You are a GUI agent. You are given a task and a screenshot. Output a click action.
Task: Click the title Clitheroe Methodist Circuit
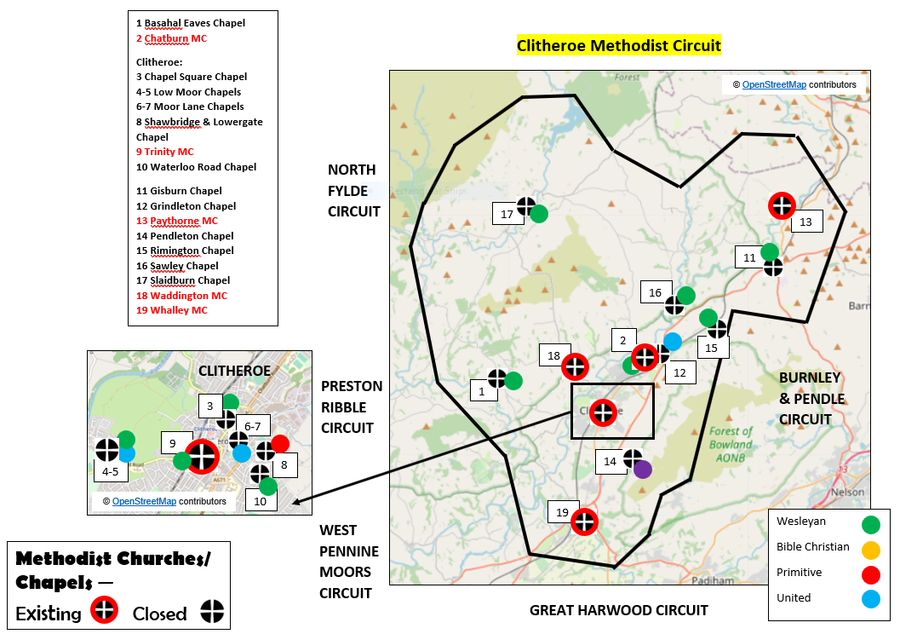619,46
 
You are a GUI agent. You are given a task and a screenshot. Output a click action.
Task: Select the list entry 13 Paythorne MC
177,221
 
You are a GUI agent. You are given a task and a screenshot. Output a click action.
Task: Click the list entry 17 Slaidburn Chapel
183,280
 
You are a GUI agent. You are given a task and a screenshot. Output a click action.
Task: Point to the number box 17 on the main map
507,215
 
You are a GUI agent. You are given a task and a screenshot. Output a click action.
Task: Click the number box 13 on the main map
805,222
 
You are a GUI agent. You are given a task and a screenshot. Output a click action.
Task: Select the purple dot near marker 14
643,469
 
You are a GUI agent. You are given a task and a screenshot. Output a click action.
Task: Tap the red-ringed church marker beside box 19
584,521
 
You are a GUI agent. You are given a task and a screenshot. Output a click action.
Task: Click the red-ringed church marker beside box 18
576,366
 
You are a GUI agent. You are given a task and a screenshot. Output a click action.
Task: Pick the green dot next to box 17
538,213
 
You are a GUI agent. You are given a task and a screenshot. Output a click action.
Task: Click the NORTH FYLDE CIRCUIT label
353,190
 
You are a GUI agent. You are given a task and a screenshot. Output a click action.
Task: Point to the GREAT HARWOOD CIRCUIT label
618,610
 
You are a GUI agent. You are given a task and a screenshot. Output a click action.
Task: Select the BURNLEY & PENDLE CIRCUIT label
810,398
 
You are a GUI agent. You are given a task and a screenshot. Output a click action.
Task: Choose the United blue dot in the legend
870,599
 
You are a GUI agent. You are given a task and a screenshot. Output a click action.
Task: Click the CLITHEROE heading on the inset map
234,371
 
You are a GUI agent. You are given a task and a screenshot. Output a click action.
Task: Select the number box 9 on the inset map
173,443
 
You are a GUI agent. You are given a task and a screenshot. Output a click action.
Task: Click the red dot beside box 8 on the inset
280,444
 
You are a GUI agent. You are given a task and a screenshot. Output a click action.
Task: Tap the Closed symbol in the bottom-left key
212,611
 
